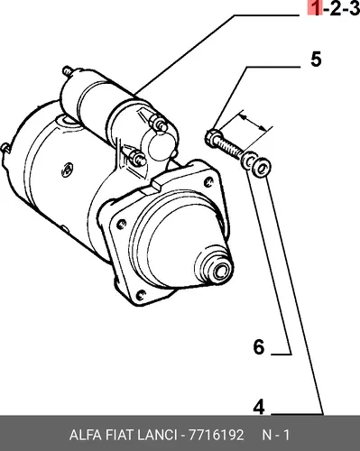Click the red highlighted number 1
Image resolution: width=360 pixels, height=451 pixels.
point(315,7)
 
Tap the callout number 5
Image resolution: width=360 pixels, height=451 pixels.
point(316,60)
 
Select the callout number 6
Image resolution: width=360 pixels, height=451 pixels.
point(259,347)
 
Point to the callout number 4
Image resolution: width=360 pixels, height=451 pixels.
point(259,407)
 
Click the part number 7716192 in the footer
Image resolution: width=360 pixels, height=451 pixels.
point(216,435)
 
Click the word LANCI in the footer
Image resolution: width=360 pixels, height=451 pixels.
point(157,435)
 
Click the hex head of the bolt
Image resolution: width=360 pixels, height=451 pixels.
point(213,139)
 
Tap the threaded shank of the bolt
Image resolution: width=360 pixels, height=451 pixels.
point(231,149)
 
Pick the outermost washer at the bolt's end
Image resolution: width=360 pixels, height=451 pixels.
point(262,168)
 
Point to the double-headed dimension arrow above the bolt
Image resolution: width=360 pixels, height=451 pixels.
point(254,123)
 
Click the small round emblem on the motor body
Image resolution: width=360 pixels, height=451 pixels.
point(68,170)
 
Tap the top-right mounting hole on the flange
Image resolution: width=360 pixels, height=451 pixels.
point(208,181)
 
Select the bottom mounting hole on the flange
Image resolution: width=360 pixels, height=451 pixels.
point(140,295)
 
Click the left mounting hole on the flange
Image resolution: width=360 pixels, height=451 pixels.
point(121,225)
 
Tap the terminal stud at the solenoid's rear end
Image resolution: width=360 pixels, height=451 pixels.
point(68,71)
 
